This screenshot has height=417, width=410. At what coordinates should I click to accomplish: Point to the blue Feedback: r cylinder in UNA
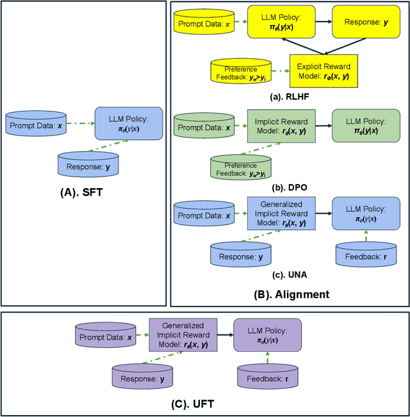(x=366, y=255)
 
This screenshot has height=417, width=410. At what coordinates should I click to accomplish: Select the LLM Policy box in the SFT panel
(x=129, y=122)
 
